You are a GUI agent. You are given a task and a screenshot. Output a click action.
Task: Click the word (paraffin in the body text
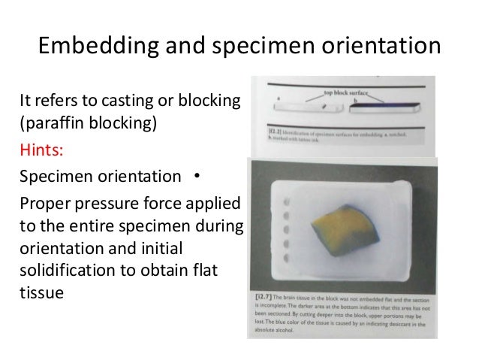point(48,123)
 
